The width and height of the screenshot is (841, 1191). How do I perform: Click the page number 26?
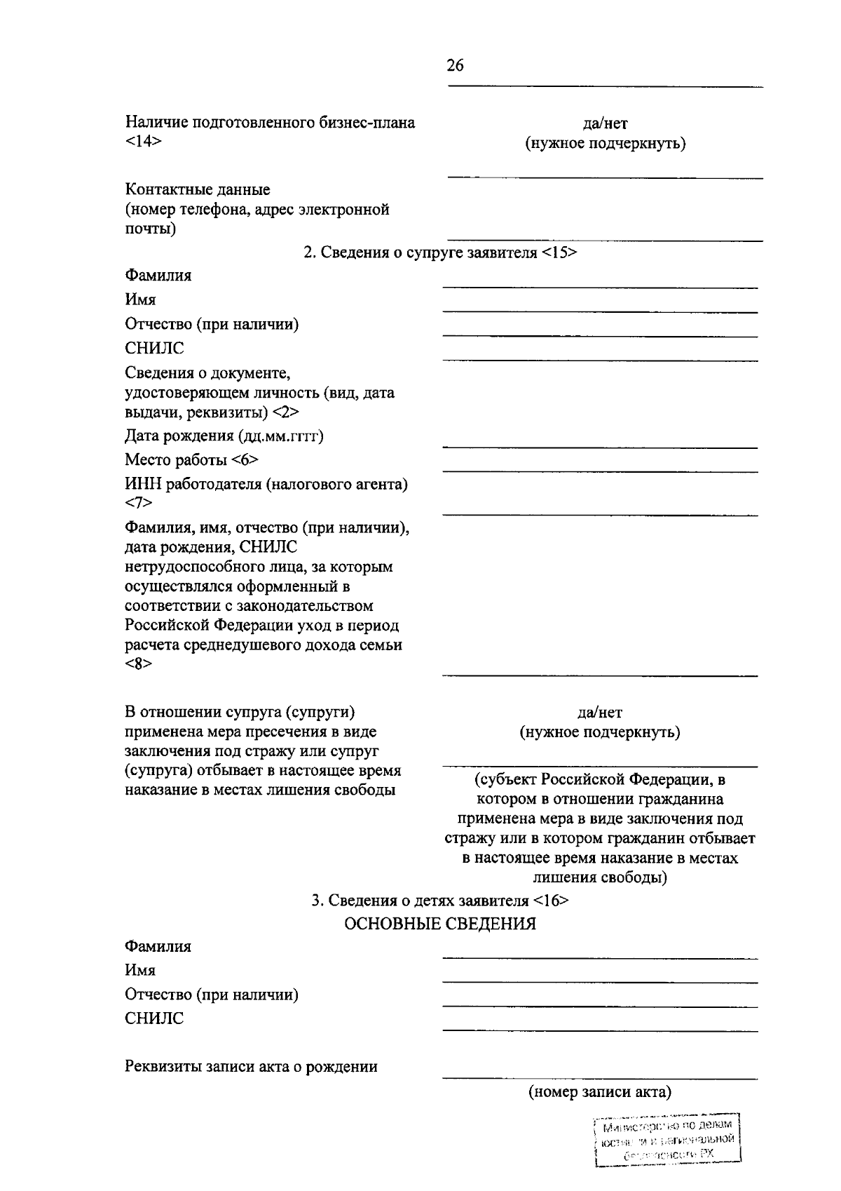[455, 66]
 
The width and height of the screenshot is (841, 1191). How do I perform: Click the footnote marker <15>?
[559, 253]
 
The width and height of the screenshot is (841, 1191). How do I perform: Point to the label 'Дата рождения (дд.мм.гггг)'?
[224, 436]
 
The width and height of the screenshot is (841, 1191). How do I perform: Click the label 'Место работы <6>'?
[191, 460]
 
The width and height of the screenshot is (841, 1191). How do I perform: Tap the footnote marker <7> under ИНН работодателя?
[138, 503]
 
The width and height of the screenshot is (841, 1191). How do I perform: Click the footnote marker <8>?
[138, 664]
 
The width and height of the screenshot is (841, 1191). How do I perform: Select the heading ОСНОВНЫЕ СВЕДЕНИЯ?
[439, 924]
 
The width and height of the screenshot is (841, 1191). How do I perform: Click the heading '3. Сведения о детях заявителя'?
[420, 901]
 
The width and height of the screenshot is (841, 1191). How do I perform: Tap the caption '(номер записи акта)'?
[599, 1091]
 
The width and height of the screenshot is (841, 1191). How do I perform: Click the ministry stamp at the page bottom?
[666, 1141]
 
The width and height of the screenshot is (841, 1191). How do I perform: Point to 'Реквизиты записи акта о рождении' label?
[251, 1067]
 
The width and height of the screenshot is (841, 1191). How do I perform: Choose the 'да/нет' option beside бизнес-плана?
[605, 124]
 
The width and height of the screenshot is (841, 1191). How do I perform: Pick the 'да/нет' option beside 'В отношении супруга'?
[599, 713]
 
